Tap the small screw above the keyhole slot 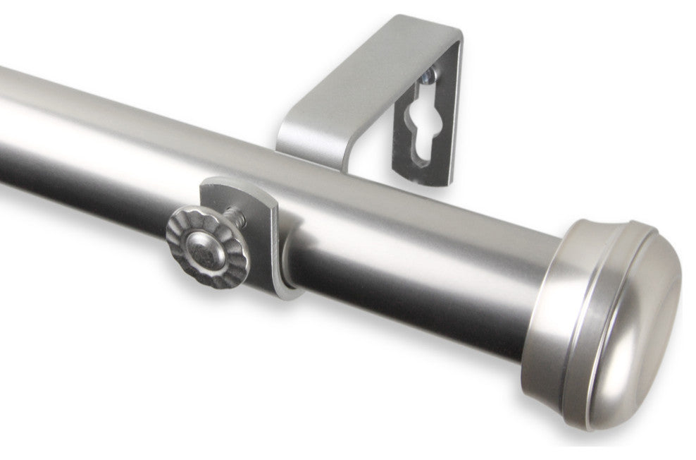428,73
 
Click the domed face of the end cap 634,317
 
